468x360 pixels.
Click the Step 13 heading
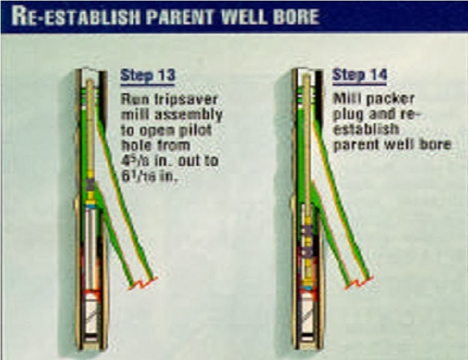pyautogui.click(x=147, y=76)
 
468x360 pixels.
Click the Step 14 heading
pyautogui.click(x=359, y=75)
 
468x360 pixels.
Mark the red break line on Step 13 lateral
pyautogui.click(x=143, y=282)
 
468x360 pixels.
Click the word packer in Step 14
pyautogui.click(x=387, y=99)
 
